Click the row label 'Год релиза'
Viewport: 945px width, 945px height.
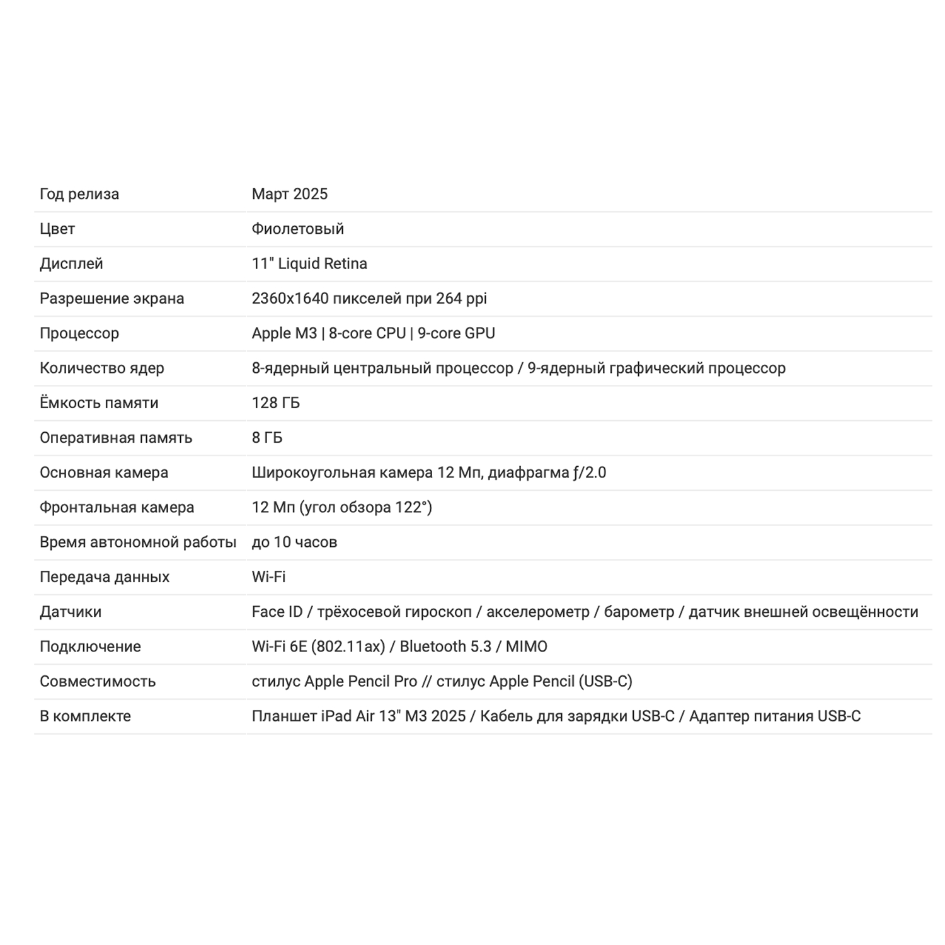pos(79,194)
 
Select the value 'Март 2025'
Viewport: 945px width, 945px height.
pos(289,194)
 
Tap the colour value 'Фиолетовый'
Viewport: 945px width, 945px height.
pos(297,229)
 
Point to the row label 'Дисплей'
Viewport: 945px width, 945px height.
pos(71,263)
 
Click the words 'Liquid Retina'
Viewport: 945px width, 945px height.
pos(323,263)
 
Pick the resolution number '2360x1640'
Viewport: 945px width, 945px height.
pos(290,299)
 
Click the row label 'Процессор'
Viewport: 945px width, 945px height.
pos(79,333)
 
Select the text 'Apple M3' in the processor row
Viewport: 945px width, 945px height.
pos(284,333)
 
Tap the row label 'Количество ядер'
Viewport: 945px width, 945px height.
pos(101,368)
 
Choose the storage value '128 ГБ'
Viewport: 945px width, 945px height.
pos(275,403)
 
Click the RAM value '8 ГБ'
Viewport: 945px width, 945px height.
pos(267,438)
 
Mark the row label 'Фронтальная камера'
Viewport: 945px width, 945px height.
pos(117,507)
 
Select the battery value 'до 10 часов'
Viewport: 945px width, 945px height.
pos(294,542)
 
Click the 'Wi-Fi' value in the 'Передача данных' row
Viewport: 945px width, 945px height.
pos(268,577)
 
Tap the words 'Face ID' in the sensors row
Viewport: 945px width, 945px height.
pos(277,612)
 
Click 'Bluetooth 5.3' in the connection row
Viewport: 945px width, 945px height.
pos(445,646)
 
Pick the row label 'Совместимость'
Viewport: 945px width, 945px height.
pos(97,682)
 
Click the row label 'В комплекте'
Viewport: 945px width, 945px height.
pos(85,716)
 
